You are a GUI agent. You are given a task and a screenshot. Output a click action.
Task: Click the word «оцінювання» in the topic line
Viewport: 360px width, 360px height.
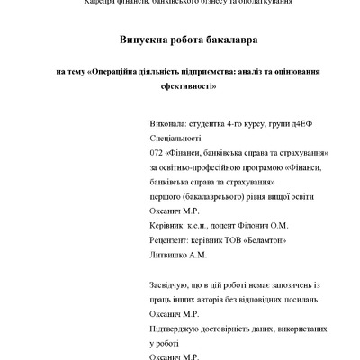(295, 70)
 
